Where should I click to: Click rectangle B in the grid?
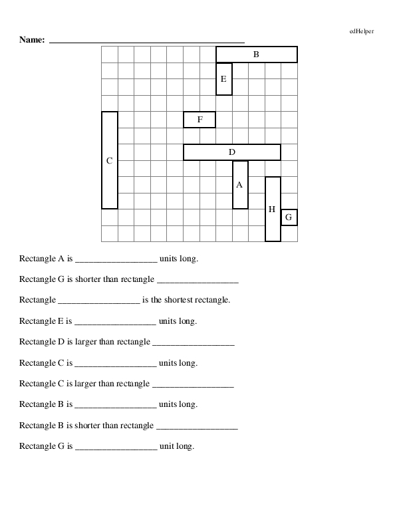point(256,55)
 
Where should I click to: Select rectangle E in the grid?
point(224,79)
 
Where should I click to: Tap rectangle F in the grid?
point(199,120)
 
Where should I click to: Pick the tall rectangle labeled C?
point(110,160)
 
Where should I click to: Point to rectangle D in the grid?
point(232,152)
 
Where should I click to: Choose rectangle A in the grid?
point(240,185)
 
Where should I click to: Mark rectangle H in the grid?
point(273,209)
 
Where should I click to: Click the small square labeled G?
point(289,217)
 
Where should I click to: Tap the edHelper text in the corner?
point(361,31)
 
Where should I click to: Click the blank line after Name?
point(147,41)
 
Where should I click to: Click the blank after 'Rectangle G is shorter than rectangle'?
point(198,281)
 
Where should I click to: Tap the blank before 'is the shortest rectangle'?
point(99,301)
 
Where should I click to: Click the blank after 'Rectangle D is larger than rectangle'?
point(194,343)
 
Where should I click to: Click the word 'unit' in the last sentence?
point(166,446)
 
